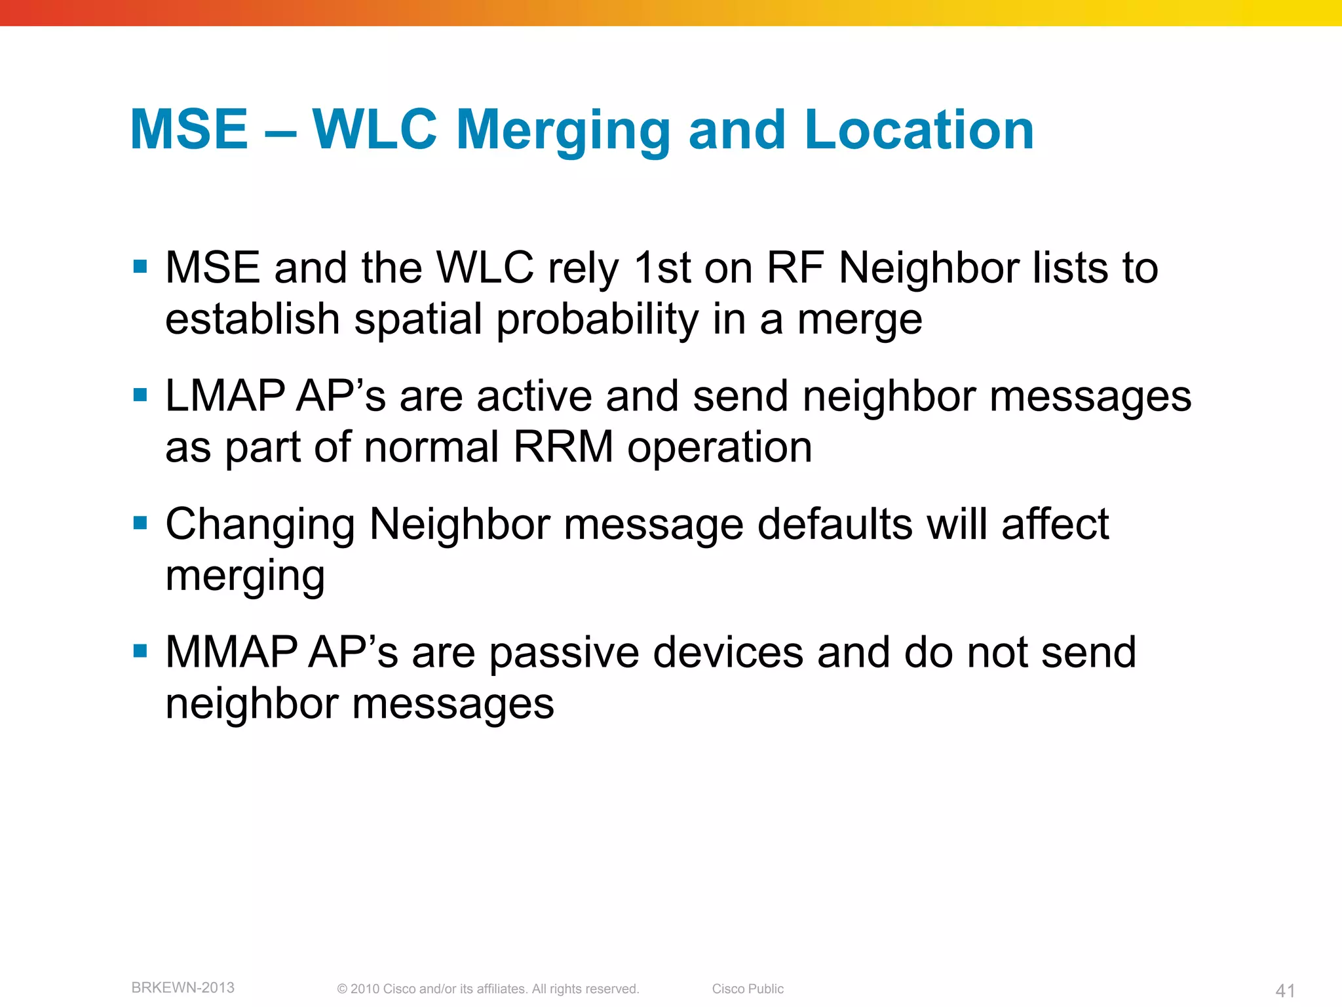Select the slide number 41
(1285, 991)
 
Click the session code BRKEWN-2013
(183, 987)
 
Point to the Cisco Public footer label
(748, 989)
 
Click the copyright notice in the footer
(488, 989)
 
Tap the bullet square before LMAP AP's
(140, 395)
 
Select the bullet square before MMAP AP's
(140, 651)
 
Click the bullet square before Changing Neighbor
(140, 523)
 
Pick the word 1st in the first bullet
(662, 268)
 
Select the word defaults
(835, 524)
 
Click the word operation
(719, 448)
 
